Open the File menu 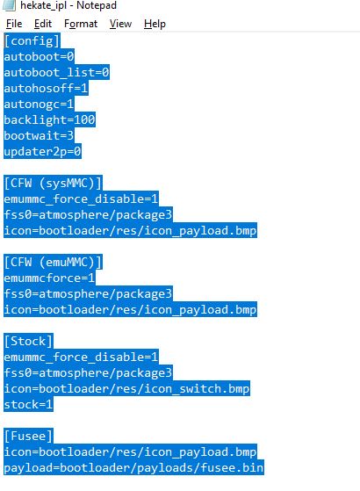coord(14,24)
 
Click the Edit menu coord(43,24)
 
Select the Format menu coord(81,24)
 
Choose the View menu coord(120,24)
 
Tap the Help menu coord(155,24)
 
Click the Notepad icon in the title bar coord(9,5)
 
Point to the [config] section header coord(32,41)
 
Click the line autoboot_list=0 coord(56,73)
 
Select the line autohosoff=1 coord(46,89)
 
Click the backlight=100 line coord(49,120)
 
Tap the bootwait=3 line coord(39,135)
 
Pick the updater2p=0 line coord(42,152)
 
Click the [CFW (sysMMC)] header coord(53,184)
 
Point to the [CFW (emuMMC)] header coord(53,262)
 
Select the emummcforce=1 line coord(49,278)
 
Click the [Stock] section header coord(28,341)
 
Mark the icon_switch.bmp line coord(126,388)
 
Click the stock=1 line coord(28,404)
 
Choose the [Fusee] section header coord(28,437)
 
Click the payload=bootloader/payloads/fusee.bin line coord(133,468)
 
